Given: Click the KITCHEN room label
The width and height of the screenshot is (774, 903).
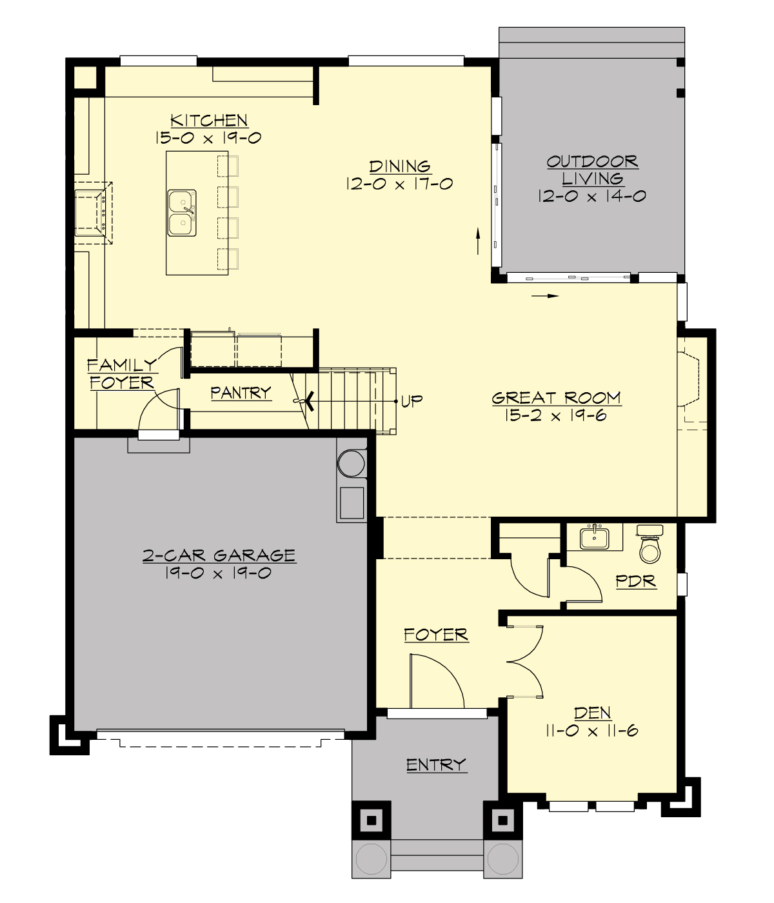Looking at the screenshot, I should [209, 121].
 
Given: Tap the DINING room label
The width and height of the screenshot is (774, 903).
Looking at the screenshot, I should [400, 166].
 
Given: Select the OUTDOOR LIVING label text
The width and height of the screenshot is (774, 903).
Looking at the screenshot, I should [592, 170].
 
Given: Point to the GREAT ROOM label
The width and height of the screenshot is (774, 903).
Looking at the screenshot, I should [556, 399].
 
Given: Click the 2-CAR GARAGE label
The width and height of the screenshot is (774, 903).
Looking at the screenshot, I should [219, 555].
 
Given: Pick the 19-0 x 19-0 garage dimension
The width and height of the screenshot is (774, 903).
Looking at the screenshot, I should [219, 573].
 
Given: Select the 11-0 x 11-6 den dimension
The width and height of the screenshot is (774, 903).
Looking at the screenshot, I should [592, 731].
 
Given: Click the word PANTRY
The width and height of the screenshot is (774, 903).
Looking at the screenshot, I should [241, 393].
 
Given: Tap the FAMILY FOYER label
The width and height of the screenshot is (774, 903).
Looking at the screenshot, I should [122, 374].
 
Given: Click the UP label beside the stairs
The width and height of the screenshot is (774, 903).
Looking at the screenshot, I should [412, 401].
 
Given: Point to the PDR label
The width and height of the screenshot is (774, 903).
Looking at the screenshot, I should [635, 581].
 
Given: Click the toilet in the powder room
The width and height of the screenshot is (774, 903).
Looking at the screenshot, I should [650, 546].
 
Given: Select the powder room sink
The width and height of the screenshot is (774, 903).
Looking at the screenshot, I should [594, 537].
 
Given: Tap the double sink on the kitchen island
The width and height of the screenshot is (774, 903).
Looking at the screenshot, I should [182, 213].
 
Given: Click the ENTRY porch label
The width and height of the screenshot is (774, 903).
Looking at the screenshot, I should [436, 765].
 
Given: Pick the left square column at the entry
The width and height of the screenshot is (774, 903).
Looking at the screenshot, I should [371, 820].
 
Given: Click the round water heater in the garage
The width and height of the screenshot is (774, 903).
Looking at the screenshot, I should [352, 463].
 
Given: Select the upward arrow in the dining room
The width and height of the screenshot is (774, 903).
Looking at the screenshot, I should [478, 240].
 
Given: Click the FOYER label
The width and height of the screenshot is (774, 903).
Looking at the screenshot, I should [436, 635].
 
